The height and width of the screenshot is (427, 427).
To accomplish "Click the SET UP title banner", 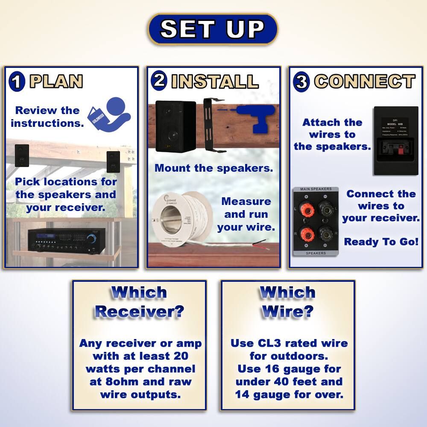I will click(213, 29).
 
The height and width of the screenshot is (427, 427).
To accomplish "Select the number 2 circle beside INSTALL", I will click(159, 80).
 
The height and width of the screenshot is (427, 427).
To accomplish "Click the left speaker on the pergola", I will click(22, 155).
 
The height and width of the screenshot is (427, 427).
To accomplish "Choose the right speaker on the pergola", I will click(113, 161).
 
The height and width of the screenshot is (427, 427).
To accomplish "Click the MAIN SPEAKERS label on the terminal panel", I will click(316, 189).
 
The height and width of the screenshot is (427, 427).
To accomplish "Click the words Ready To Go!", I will click(381, 242).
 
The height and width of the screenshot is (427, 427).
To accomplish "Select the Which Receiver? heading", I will click(139, 302).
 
